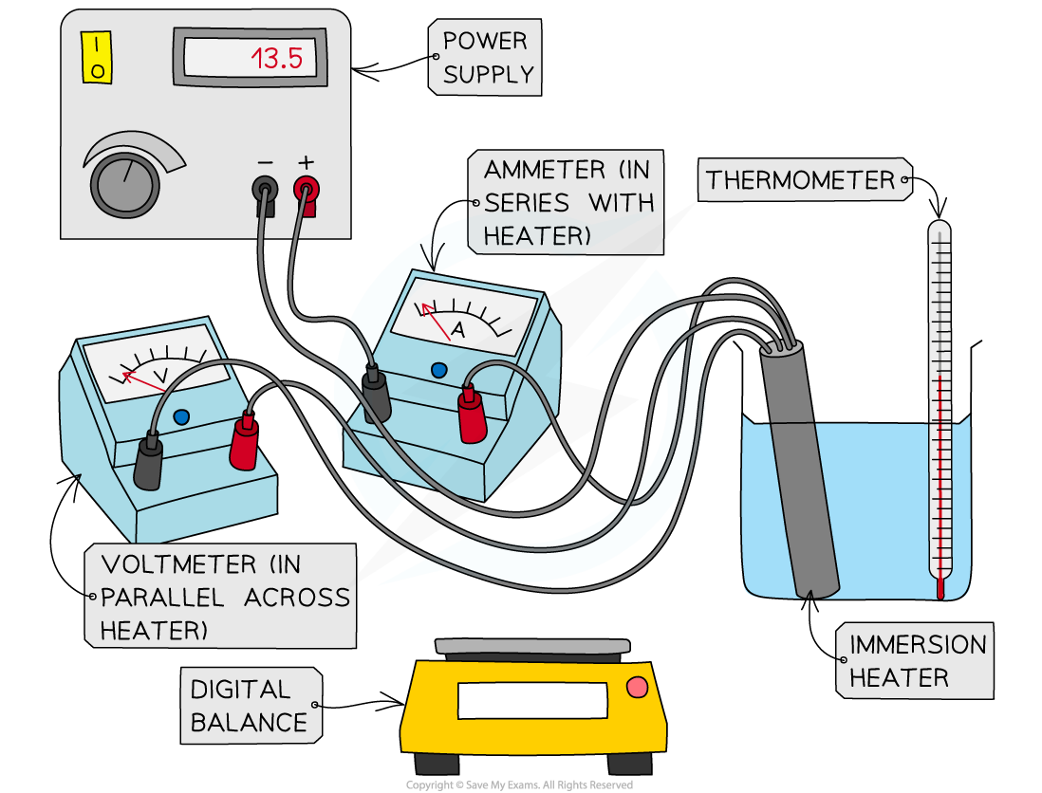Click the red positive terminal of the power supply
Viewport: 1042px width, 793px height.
click(306, 189)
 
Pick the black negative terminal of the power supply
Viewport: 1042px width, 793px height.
click(265, 189)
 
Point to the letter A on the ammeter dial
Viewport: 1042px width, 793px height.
click(457, 330)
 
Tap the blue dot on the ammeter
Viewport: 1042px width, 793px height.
click(437, 369)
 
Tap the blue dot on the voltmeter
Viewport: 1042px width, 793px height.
click(181, 415)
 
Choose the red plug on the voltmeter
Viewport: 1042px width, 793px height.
click(244, 442)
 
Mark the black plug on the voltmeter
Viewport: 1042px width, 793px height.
click(148, 462)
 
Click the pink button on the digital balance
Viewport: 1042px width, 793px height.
click(637, 686)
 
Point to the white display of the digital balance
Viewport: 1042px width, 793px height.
click(532, 700)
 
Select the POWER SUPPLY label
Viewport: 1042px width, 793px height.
click(486, 58)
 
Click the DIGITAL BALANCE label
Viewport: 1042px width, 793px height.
click(250, 705)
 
